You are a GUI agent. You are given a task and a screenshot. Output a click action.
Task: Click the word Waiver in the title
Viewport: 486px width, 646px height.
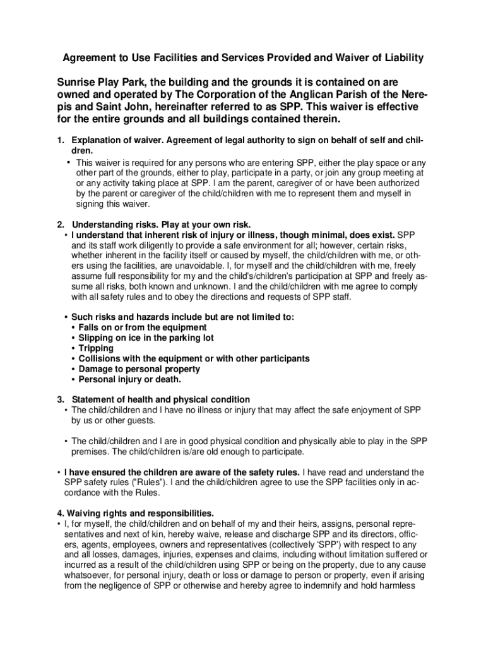(338, 58)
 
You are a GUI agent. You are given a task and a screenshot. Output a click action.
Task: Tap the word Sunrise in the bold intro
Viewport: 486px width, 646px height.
(77, 83)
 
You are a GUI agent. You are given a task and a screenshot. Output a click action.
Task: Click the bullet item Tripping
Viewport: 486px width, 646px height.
(96, 348)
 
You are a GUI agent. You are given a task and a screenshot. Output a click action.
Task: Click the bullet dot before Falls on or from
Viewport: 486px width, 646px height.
(74, 328)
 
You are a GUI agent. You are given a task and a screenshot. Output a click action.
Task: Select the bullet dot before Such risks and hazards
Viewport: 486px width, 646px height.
(67, 317)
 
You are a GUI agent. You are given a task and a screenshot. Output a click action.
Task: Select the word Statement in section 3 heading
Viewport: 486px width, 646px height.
(94, 399)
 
